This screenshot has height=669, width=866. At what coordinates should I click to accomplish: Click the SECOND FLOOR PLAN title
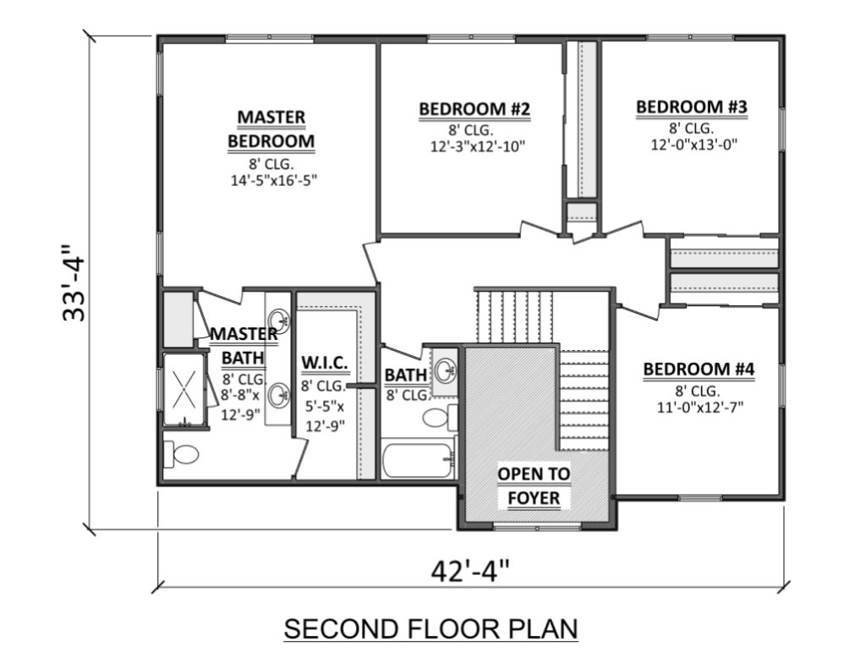pyautogui.click(x=430, y=628)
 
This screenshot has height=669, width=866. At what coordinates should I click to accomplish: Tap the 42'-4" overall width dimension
pyautogui.click(x=469, y=571)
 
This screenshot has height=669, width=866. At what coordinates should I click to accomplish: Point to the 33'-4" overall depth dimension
pyautogui.click(x=74, y=282)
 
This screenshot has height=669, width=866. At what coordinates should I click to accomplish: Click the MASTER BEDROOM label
pyautogui.click(x=271, y=129)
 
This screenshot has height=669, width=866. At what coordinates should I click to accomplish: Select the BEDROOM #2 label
pyautogui.click(x=475, y=109)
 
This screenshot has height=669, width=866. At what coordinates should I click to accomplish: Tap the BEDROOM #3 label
pyautogui.click(x=692, y=107)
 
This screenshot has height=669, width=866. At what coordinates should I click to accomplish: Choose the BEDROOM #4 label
pyautogui.click(x=699, y=369)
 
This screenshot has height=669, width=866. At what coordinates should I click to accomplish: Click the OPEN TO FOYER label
pyautogui.click(x=534, y=486)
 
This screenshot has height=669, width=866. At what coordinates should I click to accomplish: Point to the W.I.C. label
pyautogui.click(x=325, y=363)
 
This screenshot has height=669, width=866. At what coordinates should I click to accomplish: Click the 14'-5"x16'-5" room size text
pyautogui.click(x=274, y=181)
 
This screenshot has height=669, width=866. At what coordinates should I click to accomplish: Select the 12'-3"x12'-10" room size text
pyautogui.click(x=478, y=147)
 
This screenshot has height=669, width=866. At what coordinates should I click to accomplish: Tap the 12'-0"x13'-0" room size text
pyautogui.click(x=694, y=145)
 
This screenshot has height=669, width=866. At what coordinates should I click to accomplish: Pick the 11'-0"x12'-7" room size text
pyautogui.click(x=700, y=407)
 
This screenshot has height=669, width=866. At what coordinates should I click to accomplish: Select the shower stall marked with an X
pyautogui.click(x=184, y=390)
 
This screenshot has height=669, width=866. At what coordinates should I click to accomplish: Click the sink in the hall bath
pyautogui.click(x=445, y=370)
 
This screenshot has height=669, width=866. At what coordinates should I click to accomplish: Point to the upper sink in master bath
pyautogui.click(x=278, y=320)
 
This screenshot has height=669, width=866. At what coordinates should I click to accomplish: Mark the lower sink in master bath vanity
pyautogui.click(x=278, y=396)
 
